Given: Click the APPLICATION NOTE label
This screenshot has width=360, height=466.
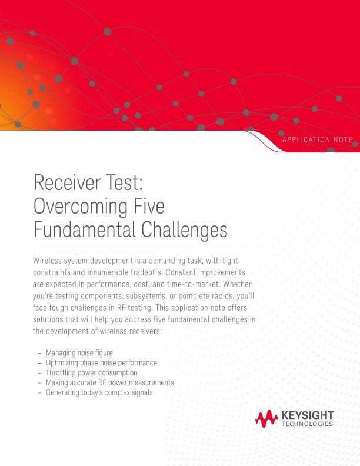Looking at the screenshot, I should pos(317,139).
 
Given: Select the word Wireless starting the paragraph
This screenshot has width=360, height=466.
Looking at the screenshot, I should pos(51,260).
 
